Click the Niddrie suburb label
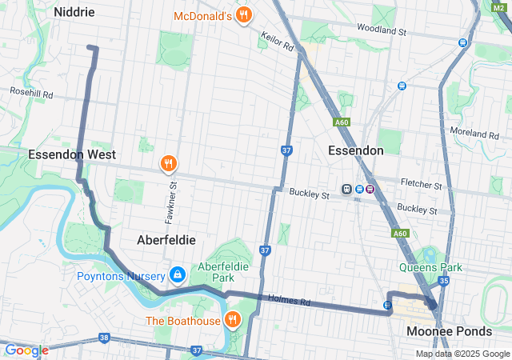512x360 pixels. click(x=74, y=12)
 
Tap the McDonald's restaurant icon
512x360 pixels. click(x=245, y=15)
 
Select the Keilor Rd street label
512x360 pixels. click(x=277, y=42)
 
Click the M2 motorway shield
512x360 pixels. click(x=498, y=7)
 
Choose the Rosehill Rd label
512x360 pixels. click(x=31, y=94)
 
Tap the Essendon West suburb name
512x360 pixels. click(x=72, y=154)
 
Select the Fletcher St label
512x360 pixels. click(x=422, y=185)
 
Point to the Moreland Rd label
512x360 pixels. click(x=476, y=130)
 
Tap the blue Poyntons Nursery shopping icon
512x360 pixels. click(x=178, y=276)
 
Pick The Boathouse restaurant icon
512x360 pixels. click(x=233, y=321)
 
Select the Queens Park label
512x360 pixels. click(x=431, y=268)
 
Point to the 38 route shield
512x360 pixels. click(x=104, y=338)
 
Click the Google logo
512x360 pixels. click(x=26, y=350)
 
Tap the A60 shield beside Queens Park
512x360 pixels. click(x=401, y=234)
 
